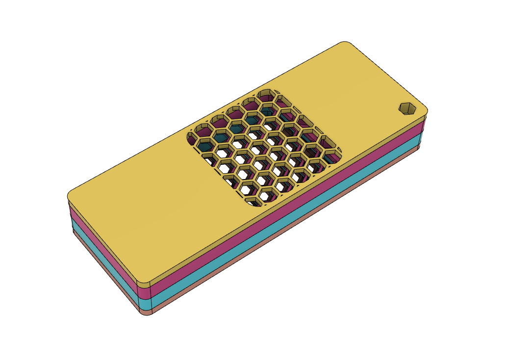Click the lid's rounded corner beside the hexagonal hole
pos(423,112)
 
